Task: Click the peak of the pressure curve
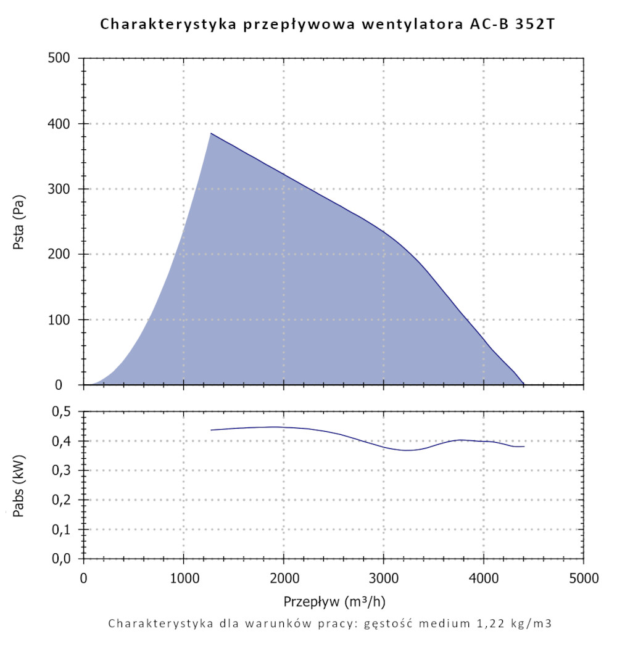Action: pyautogui.click(x=211, y=133)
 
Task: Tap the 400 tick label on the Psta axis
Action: pyautogui.click(x=62, y=124)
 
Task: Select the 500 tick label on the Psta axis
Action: pyautogui.click(x=62, y=59)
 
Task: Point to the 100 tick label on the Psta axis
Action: pyautogui.click(x=62, y=319)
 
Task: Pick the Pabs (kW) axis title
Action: pyautogui.click(x=19, y=485)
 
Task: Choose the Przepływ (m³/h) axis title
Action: pyautogui.click(x=334, y=601)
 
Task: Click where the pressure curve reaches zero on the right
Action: pyautogui.click(x=524, y=384)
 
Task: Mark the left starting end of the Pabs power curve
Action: pyautogui.click(x=211, y=430)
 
